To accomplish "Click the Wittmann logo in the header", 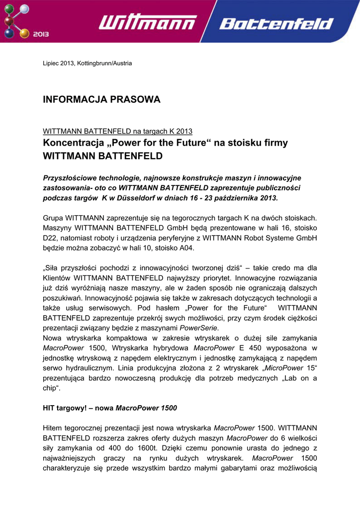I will [x=148, y=22].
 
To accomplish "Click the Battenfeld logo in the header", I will [x=276, y=24].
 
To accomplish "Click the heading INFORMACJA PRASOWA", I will [x=102, y=100].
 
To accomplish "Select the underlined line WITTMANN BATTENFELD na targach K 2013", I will [x=118, y=131].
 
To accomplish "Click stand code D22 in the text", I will [x=51, y=238].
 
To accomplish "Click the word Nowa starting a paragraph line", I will [x=53, y=338].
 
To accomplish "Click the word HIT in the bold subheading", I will [x=50, y=408].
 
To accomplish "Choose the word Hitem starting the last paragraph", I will [x=55, y=428].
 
